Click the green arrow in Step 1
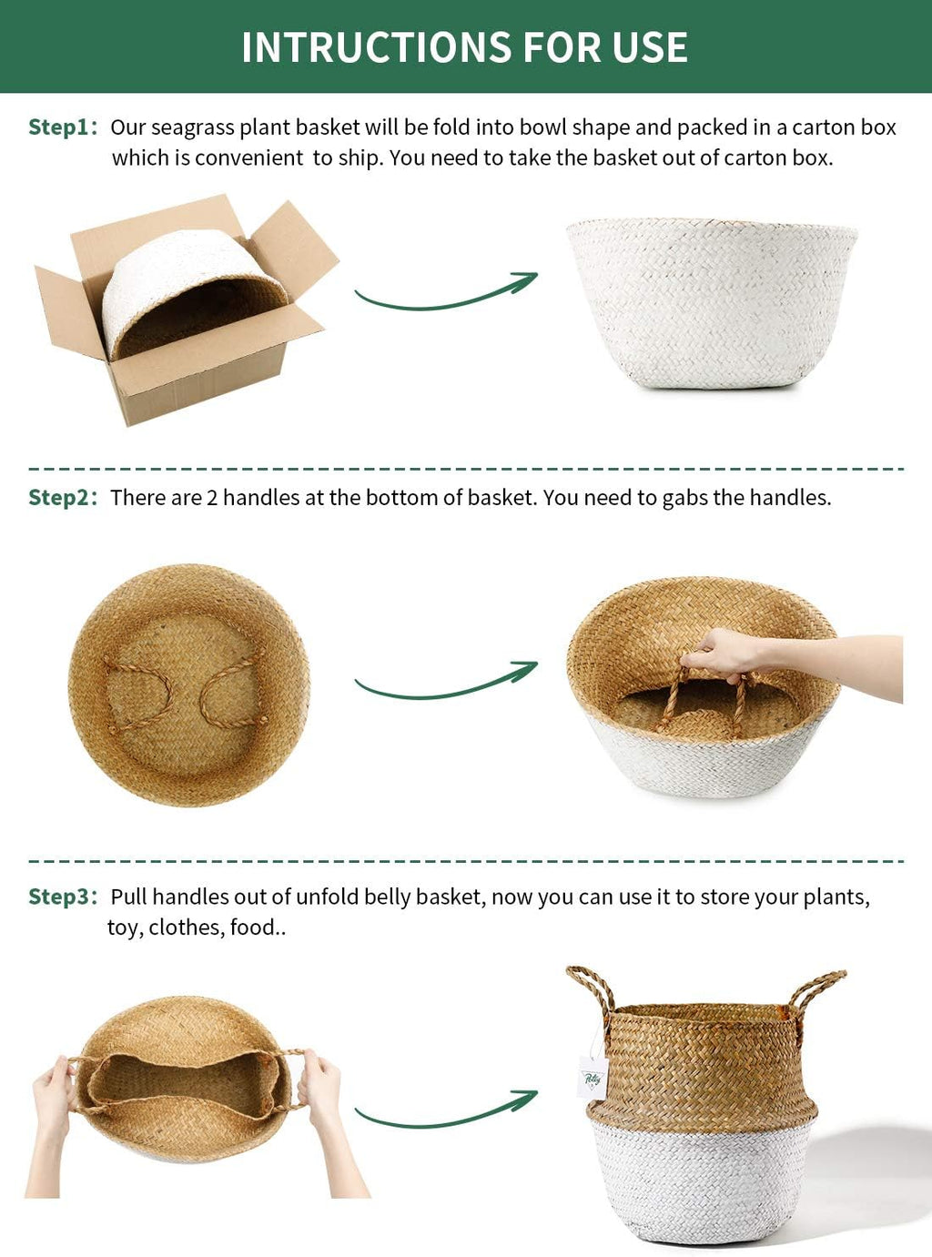(x=442, y=300)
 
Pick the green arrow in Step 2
(x=442, y=689)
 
